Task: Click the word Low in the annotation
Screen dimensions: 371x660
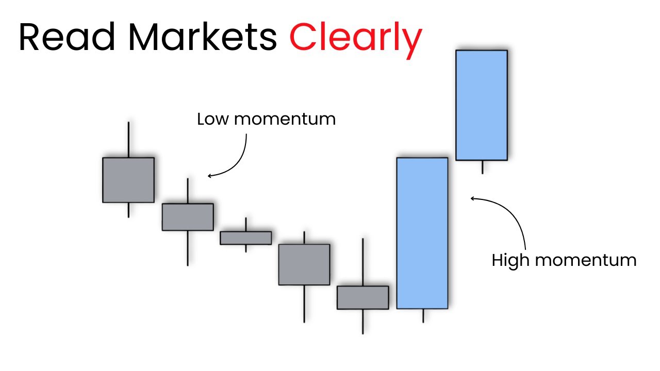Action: pos(213,119)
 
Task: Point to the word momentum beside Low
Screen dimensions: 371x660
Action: pos(285,119)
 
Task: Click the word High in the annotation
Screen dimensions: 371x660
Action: pos(510,260)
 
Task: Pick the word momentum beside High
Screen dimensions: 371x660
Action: pos(585,260)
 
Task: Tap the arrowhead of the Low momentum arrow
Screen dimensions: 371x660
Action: pos(210,176)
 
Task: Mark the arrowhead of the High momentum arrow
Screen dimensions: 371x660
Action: pos(473,198)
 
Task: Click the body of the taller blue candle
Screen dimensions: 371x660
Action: pos(422,233)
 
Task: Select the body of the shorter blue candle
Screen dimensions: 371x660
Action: pos(481,105)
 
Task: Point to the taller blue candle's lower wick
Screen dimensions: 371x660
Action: pos(423,315)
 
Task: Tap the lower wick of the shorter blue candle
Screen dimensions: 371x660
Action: pos(482,166)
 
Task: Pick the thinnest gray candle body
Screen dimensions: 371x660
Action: pos(245,238)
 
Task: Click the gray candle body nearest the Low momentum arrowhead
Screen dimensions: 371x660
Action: pos(187,216)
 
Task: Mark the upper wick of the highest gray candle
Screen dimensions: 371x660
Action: pos(128,139)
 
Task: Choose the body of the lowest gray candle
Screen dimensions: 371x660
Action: pos(362,297)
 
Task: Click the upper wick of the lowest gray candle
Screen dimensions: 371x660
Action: pos(363,262)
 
